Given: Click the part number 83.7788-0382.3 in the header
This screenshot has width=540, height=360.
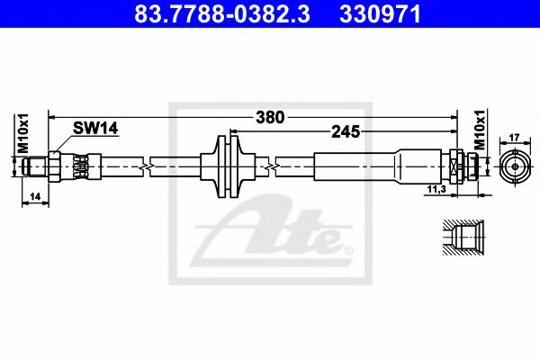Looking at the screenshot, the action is [222, 14].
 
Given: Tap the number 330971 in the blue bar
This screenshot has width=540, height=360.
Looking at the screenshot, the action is [380, 14].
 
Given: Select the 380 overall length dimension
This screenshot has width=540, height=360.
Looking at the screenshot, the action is [270, 118].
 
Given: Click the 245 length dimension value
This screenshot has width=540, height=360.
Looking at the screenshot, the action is [346, 131].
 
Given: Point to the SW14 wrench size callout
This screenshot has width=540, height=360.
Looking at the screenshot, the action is [95, 129].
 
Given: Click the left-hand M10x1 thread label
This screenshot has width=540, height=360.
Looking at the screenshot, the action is [23, 133].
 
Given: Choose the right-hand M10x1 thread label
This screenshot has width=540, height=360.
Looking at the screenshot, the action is [480, 130].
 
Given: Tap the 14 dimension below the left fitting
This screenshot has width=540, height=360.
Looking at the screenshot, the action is [35, 197].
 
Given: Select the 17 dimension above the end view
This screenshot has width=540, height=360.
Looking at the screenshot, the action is [514, 138].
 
